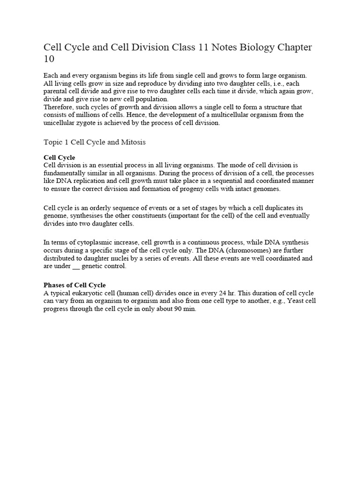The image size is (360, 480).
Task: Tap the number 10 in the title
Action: click(49, 60)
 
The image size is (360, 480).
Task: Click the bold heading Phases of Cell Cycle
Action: click(75, 285)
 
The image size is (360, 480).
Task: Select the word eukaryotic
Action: click(92, 293)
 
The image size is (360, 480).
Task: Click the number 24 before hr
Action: click(224, 293)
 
